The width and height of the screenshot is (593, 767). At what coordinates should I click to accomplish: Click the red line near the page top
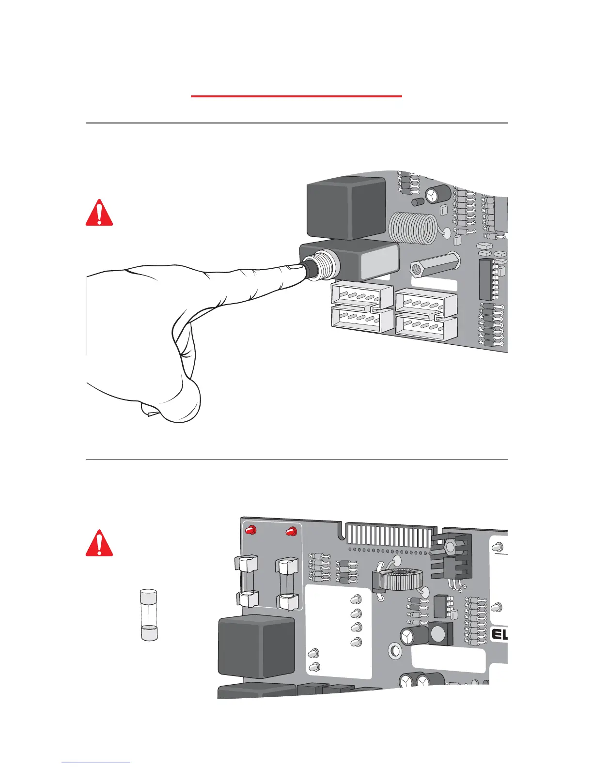click(x=296, y=96)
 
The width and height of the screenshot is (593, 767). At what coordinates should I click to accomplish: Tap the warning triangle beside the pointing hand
click(x=99, y=214)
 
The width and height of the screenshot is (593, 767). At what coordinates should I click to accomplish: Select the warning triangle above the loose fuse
click(x=99, y=544)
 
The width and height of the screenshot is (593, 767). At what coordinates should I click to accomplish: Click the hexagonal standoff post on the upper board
click(x=434, y=266)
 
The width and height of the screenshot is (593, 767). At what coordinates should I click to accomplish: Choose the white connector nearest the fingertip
click(x=361, y=295)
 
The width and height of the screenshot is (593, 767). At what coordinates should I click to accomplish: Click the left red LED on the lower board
click(x=250, y=530)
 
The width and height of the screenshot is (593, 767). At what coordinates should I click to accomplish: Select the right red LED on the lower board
click(x=291, y=532)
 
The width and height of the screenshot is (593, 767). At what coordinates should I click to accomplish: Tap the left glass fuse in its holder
click(x=247, y=582)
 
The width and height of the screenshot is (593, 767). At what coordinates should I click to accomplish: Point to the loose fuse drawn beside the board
click(x=148, y=615)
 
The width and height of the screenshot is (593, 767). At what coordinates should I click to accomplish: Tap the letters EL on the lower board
click(x=499, y=634)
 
